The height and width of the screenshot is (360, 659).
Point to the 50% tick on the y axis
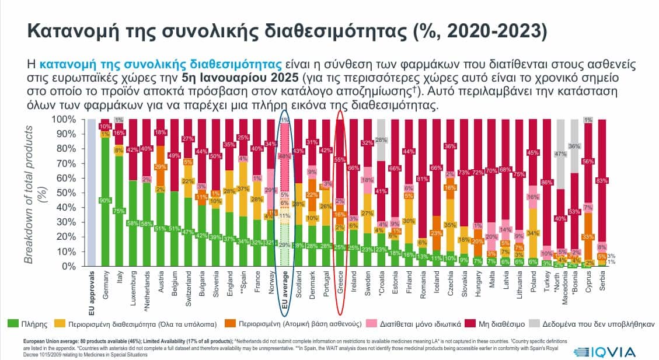(x=68, y=193)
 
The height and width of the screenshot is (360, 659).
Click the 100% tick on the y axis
(x=65, y=119)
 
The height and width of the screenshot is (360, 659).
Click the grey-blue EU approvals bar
(x=92, y=193)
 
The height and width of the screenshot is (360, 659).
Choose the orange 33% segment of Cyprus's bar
(x=587, y=236)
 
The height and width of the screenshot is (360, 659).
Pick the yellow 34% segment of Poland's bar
(x=533, y=233)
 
